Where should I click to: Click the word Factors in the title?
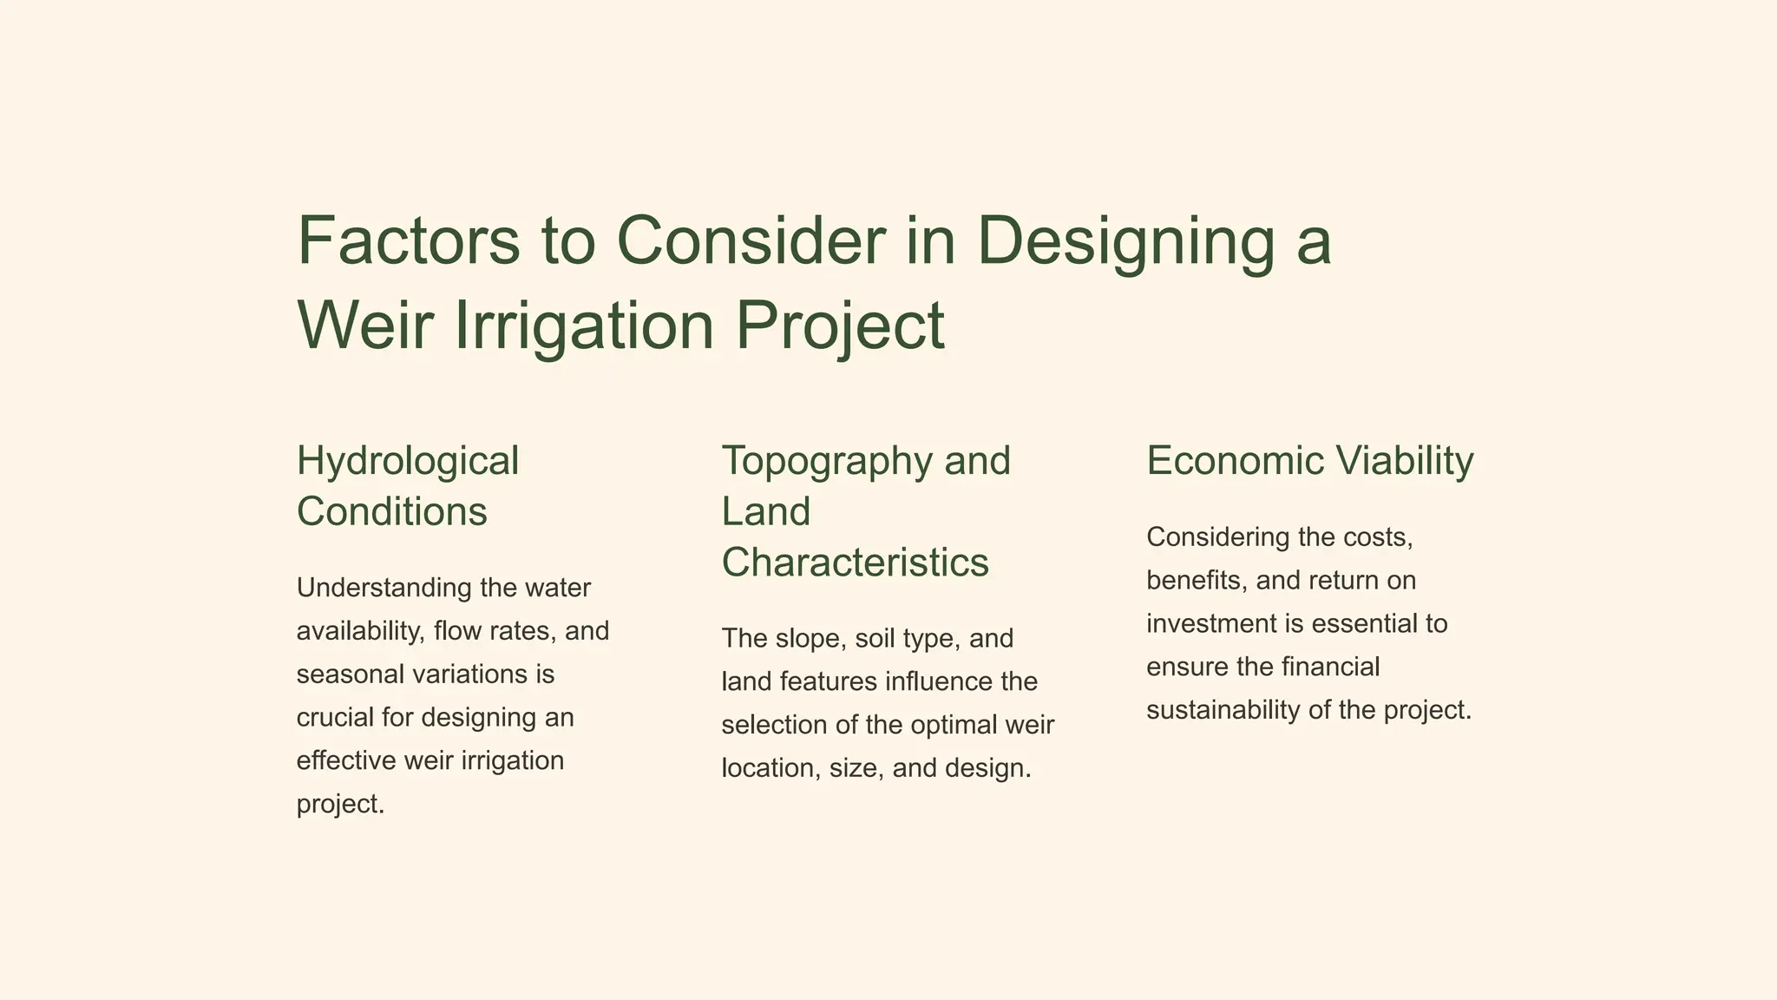point(408,240)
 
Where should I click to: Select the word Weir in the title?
point(364,325)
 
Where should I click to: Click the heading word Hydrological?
point(407,461)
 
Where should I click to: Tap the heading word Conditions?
point(391,511)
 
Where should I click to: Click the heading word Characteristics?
point(855,562)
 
